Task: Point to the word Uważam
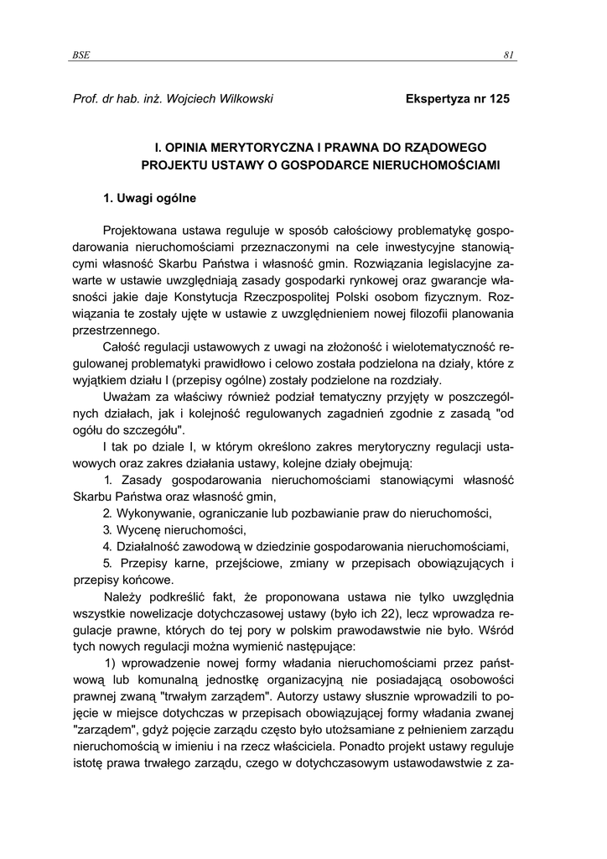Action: pyautogui.click(x=125, y=396)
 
